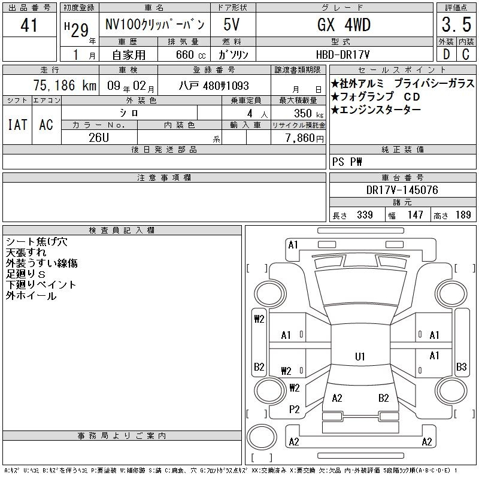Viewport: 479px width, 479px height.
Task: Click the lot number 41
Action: pos(29,25)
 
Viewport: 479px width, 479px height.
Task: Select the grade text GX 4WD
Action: pos(344,25)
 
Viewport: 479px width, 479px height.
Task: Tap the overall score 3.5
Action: pos(456,25)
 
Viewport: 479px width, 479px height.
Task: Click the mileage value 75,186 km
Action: pos(65,85)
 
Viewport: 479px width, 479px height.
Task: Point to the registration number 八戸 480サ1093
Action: pos(214,86)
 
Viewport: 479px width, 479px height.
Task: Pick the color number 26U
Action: pos(99,138)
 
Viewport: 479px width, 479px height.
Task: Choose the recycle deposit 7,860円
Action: pos(305,138)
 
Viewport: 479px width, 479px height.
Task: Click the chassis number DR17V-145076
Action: pos(402,190)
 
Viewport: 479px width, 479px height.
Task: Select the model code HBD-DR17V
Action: pos(342,54)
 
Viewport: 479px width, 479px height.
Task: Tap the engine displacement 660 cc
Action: pos(190,54)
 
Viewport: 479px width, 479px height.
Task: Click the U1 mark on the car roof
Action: pos(360,356)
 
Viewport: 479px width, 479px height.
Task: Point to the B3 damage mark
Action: pos(461,366)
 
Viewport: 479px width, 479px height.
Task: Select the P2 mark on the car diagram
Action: pos(294,410)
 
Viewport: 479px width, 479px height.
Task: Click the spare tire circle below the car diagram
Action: pos(262,438)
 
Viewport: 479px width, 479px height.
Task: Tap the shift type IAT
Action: pos(17,125)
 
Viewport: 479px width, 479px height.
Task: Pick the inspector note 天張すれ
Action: pos(26,252)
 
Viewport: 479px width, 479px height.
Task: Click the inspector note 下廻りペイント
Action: pos(41,285)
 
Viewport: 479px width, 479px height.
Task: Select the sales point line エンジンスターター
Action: pos(376,110)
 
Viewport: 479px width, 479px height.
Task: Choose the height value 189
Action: pos(463,215)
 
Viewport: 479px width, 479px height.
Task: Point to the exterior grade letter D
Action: pos(446,54)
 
